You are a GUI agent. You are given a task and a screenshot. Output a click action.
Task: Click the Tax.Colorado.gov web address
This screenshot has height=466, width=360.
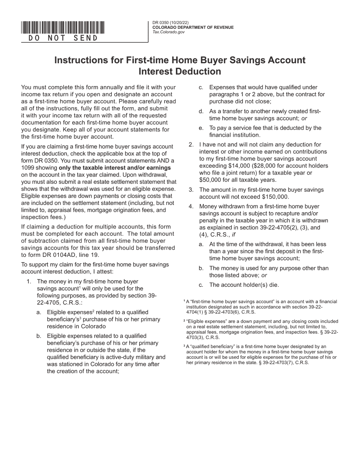tap(169, 32)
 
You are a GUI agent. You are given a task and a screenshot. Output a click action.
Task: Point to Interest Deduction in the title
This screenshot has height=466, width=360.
tap(180, 71)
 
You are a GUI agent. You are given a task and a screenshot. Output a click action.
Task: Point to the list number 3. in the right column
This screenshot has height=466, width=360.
tap(191, 189)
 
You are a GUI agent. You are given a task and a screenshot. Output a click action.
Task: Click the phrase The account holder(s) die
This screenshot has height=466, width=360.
tap(244, 285)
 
